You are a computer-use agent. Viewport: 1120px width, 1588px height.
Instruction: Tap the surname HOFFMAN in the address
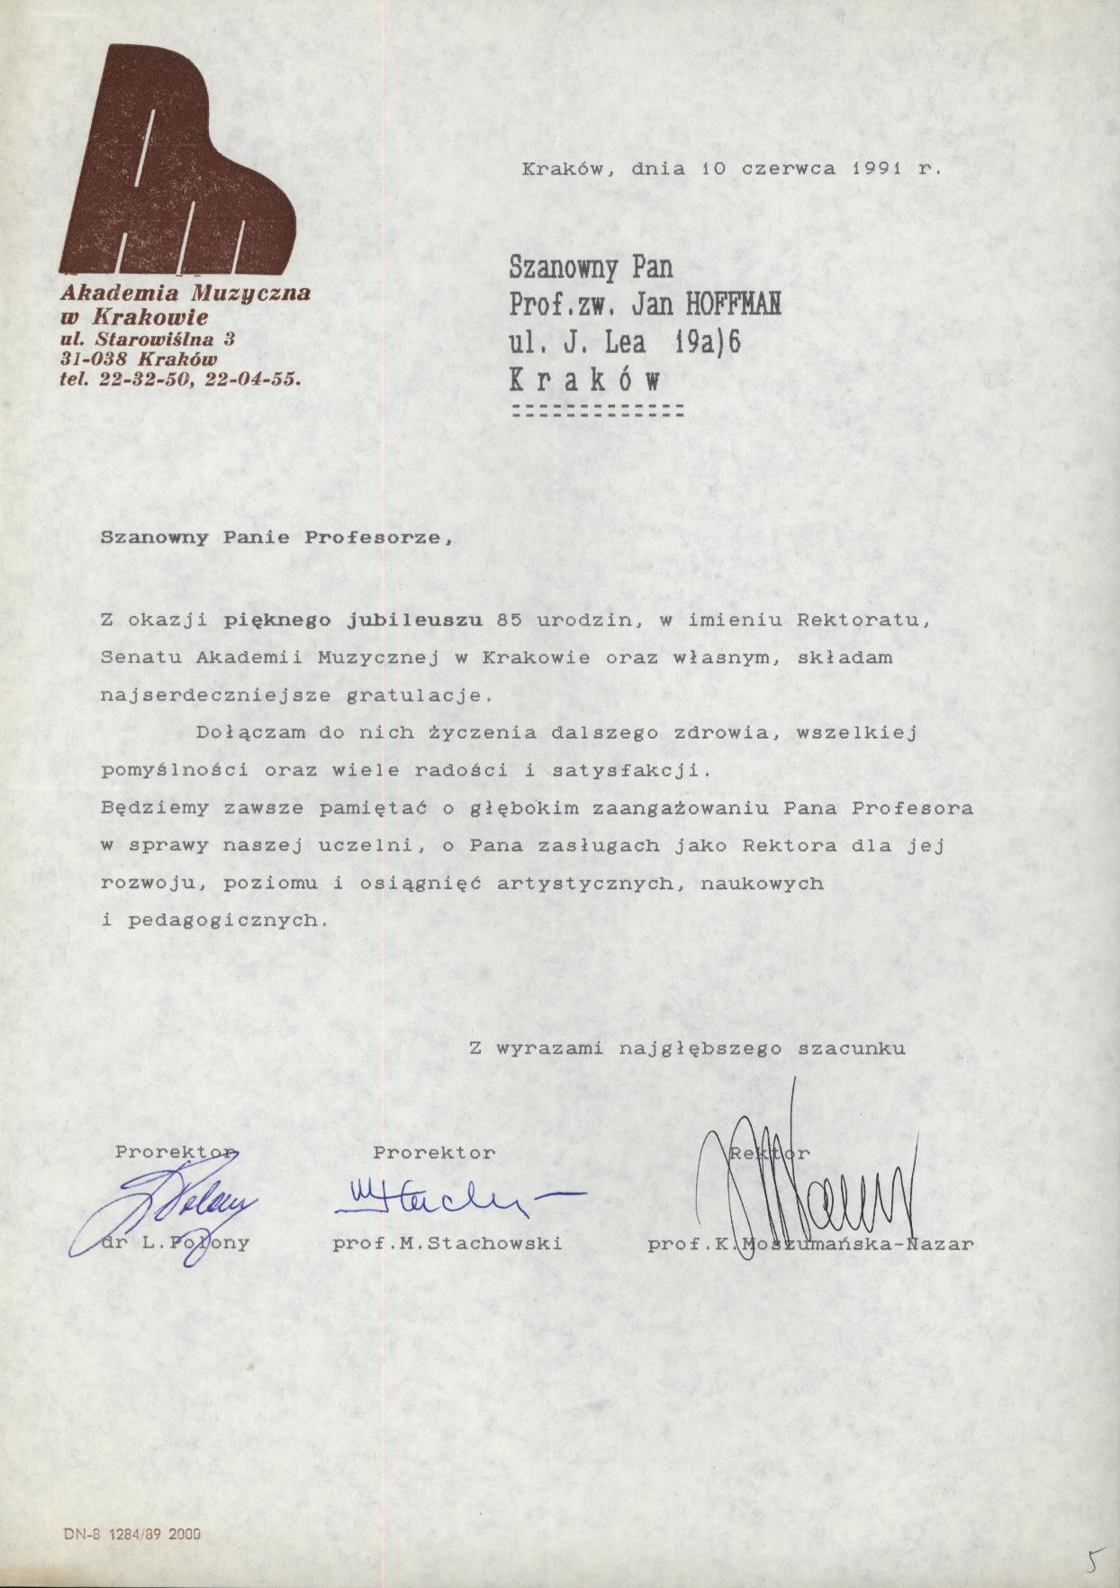[x=733, y=305]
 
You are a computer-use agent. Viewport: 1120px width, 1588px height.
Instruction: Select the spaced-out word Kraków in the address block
[x=585, y=380]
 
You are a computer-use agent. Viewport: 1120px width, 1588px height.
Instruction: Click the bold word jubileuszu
[x=415, y=620]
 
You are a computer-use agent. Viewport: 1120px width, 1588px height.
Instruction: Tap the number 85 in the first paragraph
[x=510, y=620]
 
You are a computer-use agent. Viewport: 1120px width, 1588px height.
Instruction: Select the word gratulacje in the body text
[x=418, y=695]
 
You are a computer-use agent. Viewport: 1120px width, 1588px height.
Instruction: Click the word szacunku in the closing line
[x=852, y=1048]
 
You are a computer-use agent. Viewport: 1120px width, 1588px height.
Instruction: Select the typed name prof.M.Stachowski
[x=447, y=1244]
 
